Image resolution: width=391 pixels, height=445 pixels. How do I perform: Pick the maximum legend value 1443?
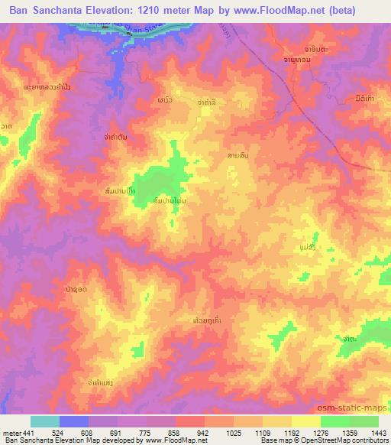tap(380, 432)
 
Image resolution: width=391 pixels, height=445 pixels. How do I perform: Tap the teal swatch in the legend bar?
tap(45, 421)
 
